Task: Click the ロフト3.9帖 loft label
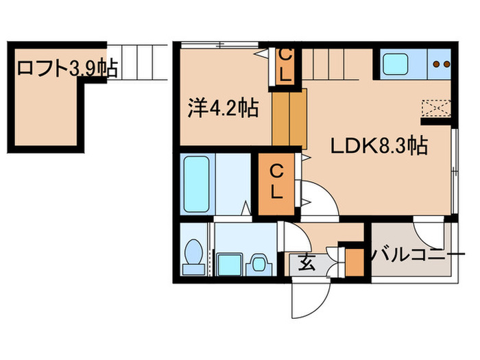66,69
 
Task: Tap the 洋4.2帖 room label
223,108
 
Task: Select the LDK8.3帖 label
381,145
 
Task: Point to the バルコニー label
413,256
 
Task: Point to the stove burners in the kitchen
440,65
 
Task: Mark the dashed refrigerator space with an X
436,107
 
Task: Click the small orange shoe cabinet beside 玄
354,262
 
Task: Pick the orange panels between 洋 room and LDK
289,117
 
